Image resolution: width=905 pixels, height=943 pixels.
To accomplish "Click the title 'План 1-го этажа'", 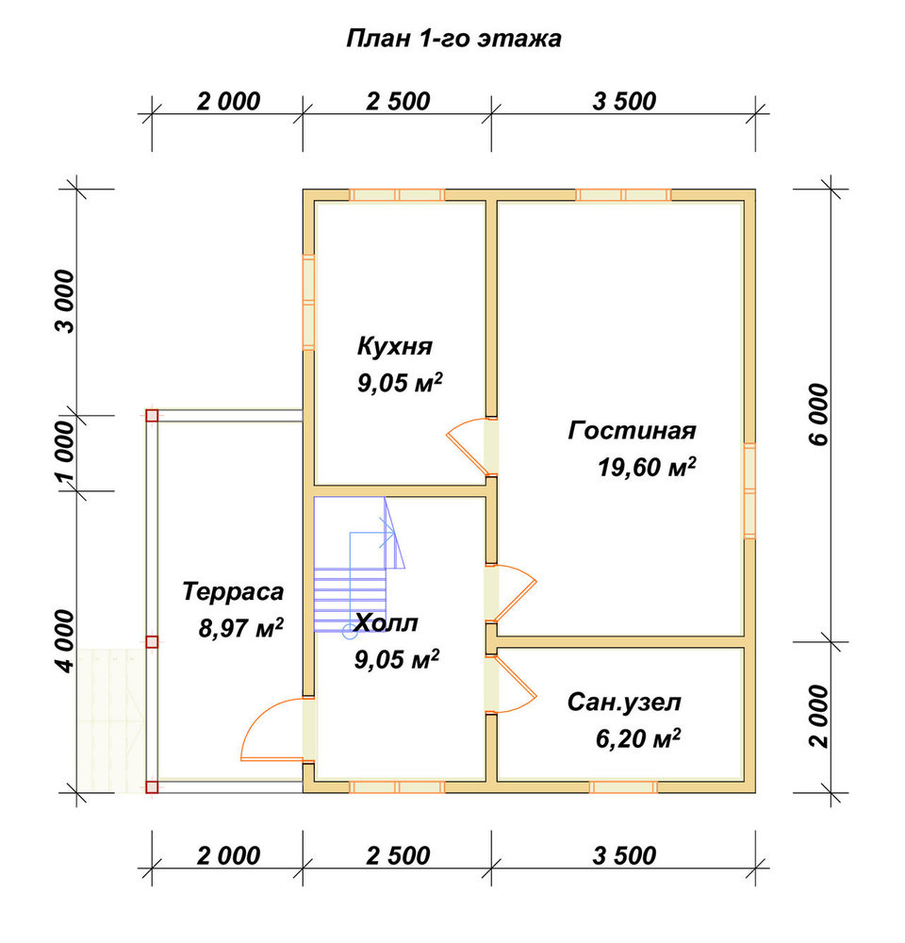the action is [454, 39].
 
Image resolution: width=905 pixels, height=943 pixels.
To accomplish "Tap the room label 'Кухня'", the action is [395, 346].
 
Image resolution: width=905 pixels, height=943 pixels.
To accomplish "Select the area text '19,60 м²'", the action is [647, 468].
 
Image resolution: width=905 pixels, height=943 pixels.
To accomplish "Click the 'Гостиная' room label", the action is [632, 431].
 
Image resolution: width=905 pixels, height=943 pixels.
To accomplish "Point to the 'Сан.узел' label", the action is [624, 702].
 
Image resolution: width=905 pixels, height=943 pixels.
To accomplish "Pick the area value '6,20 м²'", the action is [638, 738].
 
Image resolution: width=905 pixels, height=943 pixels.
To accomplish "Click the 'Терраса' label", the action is [233, 592].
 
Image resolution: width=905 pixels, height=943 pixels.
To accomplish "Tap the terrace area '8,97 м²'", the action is [241, 628].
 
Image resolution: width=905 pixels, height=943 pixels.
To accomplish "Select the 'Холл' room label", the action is [386, 623].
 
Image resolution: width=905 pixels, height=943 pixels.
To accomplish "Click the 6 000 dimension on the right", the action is [819, 415].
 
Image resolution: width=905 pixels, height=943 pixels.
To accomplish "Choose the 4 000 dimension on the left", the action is [66, 641].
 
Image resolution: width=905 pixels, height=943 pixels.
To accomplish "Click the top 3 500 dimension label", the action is [624, 101].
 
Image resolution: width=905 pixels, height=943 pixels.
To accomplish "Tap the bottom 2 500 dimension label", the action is [398, 855].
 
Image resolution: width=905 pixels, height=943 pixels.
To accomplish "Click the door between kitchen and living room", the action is [472, 446].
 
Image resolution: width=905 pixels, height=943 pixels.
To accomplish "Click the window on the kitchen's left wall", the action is [308, 303].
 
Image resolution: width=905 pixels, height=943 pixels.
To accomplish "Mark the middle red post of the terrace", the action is [152, 641].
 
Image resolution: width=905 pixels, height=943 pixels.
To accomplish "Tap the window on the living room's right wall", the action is [749, 490].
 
